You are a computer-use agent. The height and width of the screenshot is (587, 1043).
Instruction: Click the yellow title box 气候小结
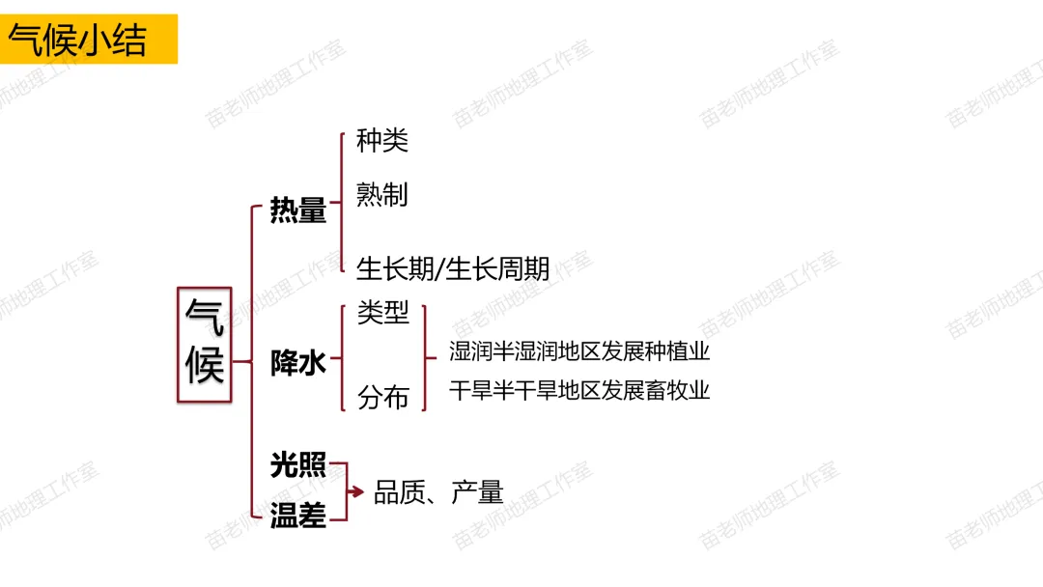coord(89,40)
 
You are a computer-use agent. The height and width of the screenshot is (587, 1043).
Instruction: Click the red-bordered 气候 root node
coord(205,344)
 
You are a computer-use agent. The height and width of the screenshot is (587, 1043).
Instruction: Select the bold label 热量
coord(298,210)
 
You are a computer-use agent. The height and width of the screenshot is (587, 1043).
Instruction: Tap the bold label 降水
coord(298,364)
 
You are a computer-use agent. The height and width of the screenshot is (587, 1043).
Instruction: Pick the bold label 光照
coord(298,465)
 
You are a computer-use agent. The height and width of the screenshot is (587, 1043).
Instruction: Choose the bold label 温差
coord(298,517)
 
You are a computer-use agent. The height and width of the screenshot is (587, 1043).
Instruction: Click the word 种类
coord(382,141)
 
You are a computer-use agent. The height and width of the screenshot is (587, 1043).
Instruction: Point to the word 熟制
coord(382,195)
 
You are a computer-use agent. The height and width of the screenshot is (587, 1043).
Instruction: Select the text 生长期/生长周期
coord(453,267)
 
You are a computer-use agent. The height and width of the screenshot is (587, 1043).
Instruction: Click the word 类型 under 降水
coord(383,313)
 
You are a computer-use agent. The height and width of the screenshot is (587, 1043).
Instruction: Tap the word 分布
coord(383,397)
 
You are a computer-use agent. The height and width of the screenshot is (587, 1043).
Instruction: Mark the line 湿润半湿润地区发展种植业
coord(579,350)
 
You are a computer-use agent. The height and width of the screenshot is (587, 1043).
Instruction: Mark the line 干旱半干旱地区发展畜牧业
coord(579,390)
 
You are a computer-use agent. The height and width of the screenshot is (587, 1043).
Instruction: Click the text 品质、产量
coord(438,492)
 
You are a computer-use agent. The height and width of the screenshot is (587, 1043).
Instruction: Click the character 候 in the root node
coord(205,367)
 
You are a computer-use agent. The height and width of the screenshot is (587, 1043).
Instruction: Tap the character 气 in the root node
coord(205,317)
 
